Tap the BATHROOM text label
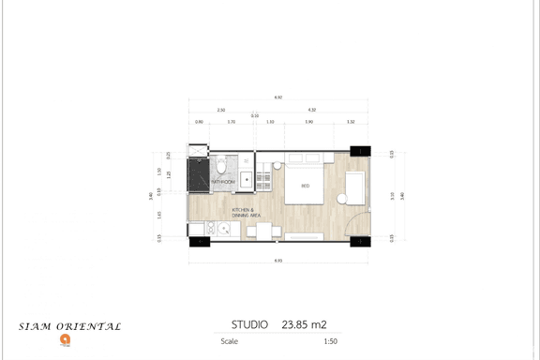[222, 182]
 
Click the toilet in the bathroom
[221, 165]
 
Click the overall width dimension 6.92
[278, 97]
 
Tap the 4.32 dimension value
[310, 110]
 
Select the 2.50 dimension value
[220, 110]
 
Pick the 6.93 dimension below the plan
[278, 259]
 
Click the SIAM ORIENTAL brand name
[70, 326]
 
